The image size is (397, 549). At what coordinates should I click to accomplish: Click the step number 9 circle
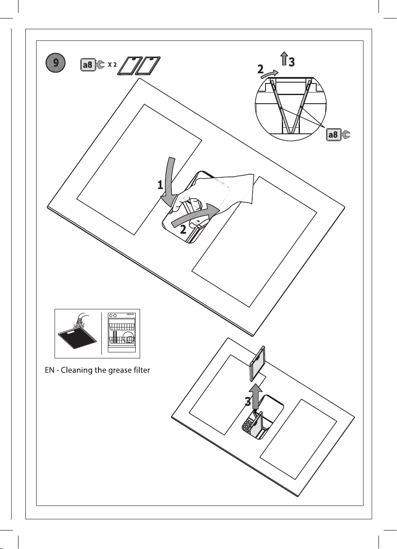(x=55, y=63)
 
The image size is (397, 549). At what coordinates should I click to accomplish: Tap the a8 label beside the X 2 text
(x=88, y=65)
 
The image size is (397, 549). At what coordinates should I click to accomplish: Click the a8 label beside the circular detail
(x=333, y=135)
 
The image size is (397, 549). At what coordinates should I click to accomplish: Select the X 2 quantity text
(x=112, y=65)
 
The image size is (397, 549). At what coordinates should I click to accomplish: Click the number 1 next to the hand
(x=160, y=185)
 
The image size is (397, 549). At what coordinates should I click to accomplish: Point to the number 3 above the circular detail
(x=291, y=62)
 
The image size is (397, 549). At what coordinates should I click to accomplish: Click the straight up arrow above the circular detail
(x=284, y=59)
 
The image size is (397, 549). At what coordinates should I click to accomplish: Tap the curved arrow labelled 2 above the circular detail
(x=269, y=74)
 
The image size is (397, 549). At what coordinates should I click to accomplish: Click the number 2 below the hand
(x=183, y=229)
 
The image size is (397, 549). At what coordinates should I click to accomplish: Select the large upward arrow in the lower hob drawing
(x=255, y=396)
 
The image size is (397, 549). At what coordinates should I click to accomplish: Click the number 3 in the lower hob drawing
(x=248, y=402)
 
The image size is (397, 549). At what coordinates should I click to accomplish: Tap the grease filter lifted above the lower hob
(x=257, y=364)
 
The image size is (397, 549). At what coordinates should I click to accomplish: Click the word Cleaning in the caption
(x=76, y=370)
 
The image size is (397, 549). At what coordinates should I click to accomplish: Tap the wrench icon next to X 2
(x=100, y=65)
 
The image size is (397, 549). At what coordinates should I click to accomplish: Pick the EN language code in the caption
(x=50, y=370)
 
